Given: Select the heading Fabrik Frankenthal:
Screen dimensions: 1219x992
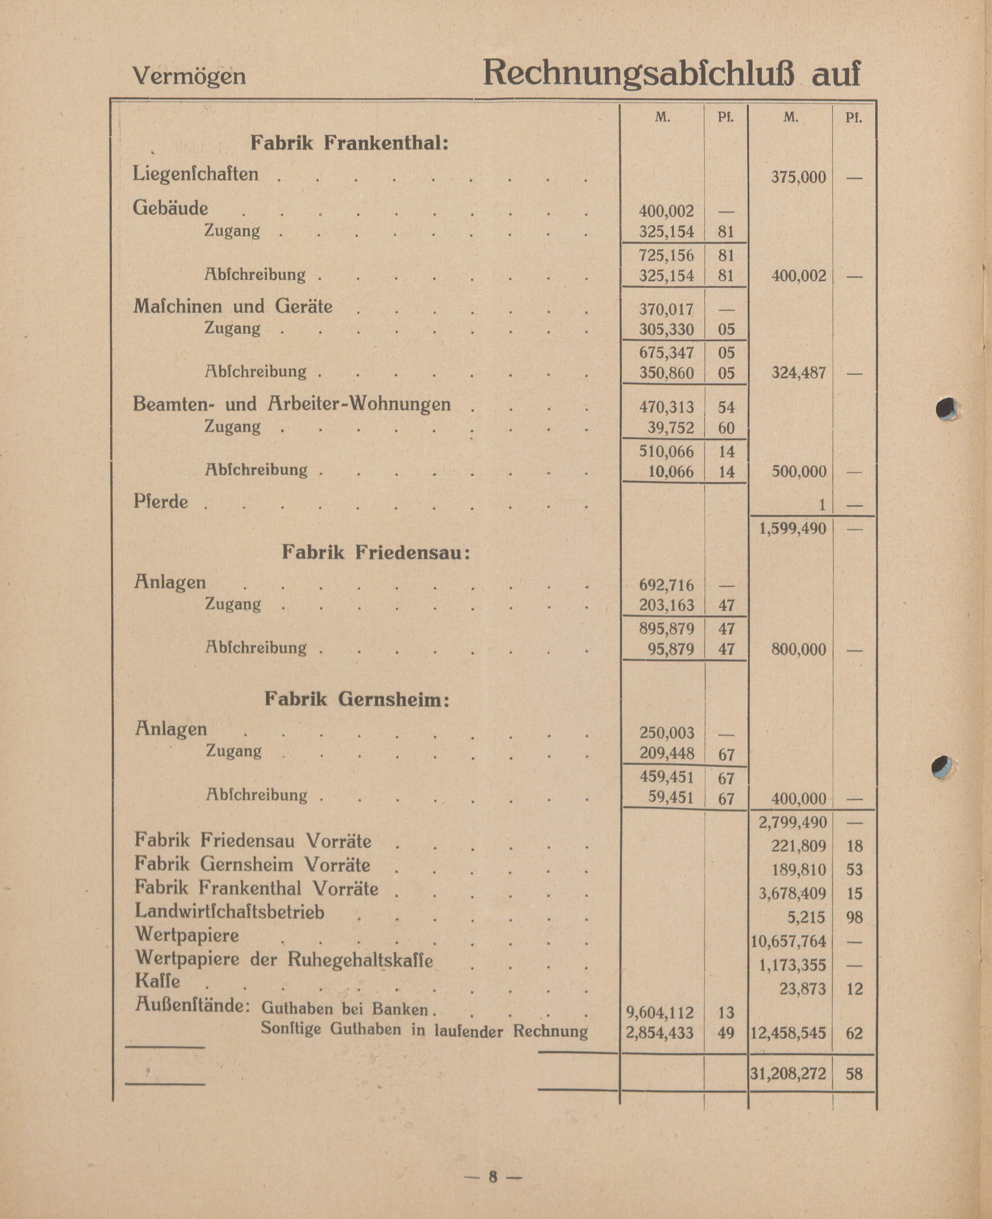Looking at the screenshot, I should coord(349,143).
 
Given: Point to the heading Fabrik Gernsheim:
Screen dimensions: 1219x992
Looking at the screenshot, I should coord(357,699).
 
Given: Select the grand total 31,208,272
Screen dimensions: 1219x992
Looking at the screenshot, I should coord(788,1074).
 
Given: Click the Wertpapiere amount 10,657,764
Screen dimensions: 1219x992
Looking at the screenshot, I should coord(788,941).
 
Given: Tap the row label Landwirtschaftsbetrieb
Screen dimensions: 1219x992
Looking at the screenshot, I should coord(229,912).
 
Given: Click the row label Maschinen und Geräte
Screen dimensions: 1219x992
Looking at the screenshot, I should coord(233,307).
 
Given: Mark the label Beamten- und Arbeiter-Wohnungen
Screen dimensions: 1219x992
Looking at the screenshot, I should coord(292,404).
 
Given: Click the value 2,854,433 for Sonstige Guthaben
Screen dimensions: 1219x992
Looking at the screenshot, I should coord(660,1033).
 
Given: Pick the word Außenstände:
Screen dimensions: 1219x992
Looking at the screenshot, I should coord(192,1005).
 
